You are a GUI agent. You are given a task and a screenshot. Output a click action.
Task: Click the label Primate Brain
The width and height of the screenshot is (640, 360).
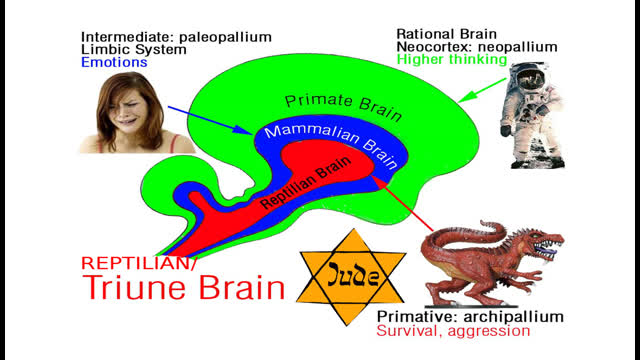click(x=327, y=102)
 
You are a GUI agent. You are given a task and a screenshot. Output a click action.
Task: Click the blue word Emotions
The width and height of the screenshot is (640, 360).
click(x=115, y=62)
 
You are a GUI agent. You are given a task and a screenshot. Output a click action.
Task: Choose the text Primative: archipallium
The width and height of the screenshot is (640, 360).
click(x=469, y=316)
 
